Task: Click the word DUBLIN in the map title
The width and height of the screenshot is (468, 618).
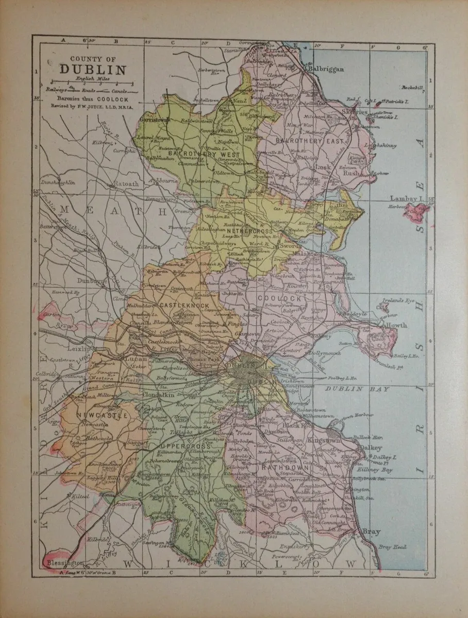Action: [x=86, y=70]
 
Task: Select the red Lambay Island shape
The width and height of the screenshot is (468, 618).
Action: [x=419, y=210]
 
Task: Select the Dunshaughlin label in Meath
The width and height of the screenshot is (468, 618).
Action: [x=58, y=182]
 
